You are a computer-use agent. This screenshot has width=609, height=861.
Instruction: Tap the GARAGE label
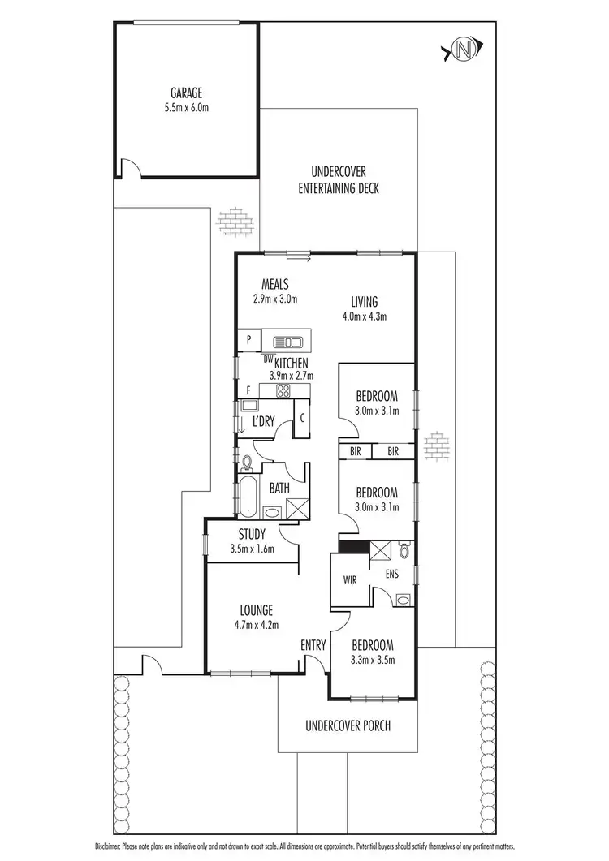[x=186, y=93]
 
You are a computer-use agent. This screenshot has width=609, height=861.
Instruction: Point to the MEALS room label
[x=275, y=284]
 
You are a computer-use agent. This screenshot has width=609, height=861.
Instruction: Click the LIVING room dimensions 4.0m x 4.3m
[x=363, y=316]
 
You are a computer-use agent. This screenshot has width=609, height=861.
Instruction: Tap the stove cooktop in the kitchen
[x=283, y=391]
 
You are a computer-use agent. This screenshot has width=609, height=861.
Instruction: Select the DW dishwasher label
[x=267, y=358]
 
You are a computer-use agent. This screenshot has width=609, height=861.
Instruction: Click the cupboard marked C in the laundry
[x=302, y=419]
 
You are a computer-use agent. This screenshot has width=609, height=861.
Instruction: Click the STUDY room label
[x=253, y=534]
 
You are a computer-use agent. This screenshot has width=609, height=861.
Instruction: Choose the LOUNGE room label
[x=255, y=610]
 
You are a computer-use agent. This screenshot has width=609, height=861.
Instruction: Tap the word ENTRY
[x=313, y=646]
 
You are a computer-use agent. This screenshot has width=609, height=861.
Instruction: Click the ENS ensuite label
[x=392, y=573]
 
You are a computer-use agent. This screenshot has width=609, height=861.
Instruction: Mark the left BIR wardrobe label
[x=355, y=451]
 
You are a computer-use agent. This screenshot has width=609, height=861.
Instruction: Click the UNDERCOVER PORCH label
[x=348, y=725]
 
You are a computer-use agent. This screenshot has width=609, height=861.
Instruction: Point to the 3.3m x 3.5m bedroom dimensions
[x=373, y=660]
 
